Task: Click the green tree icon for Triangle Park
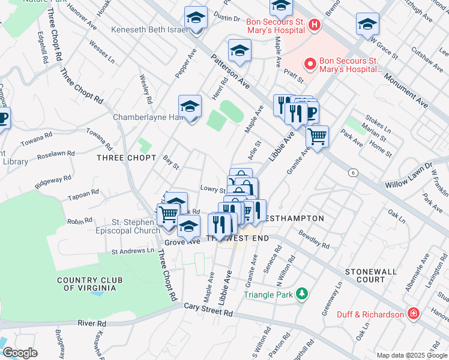303,294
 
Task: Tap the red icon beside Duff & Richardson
413,313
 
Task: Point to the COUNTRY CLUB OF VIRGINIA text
86,284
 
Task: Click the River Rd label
92,323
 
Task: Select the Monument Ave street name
406,86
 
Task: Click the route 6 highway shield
352,172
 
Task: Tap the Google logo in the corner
19,353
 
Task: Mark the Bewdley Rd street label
314,238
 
